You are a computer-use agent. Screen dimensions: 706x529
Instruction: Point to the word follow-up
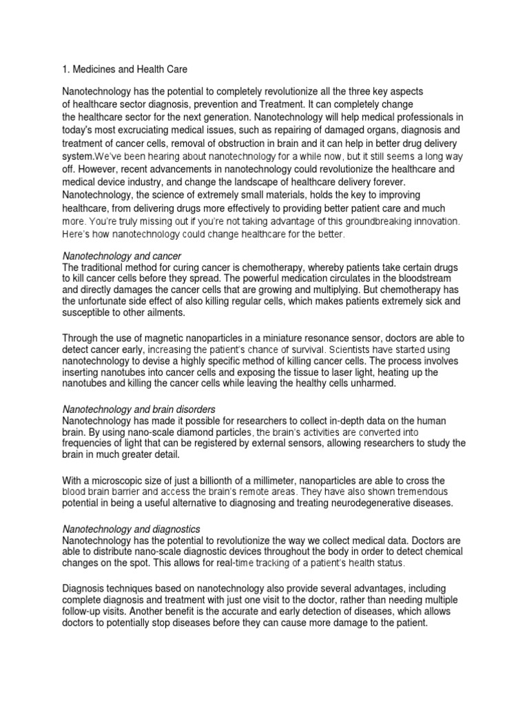pos(86,611)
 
